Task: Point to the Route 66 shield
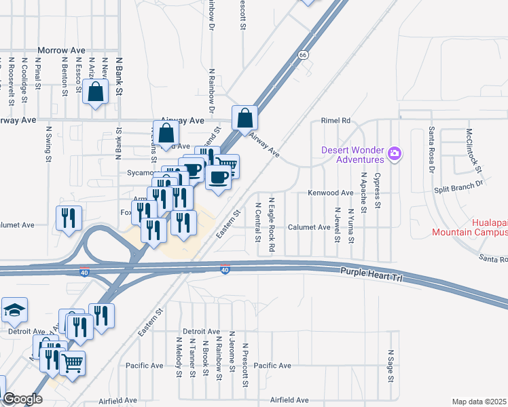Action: (304, 54)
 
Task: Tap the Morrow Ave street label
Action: (61, 50)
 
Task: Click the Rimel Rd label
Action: (335, 120)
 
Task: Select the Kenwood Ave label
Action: (331, 193)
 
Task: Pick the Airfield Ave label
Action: (290, 400)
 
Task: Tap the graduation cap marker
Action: (14, 311)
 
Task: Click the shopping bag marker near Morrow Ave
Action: (96, 92)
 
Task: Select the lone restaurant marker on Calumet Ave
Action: (69, 218)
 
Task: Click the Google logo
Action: (22, 399)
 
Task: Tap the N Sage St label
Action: (391, 366)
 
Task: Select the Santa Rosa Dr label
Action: (430, 151)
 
